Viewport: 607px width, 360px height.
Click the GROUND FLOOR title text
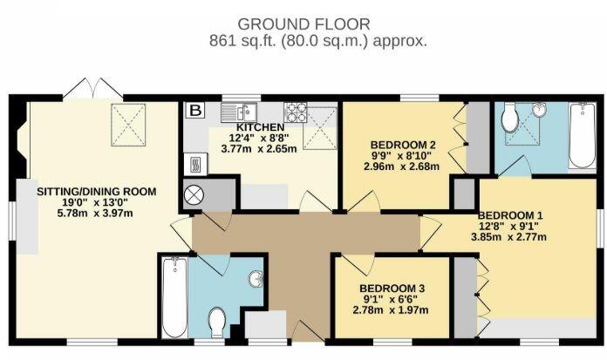pos(303,23)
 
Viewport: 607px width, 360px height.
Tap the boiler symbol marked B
pos(195,111)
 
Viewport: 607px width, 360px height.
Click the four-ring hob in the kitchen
pos(295,112)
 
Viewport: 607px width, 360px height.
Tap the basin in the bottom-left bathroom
pos(256,279)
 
